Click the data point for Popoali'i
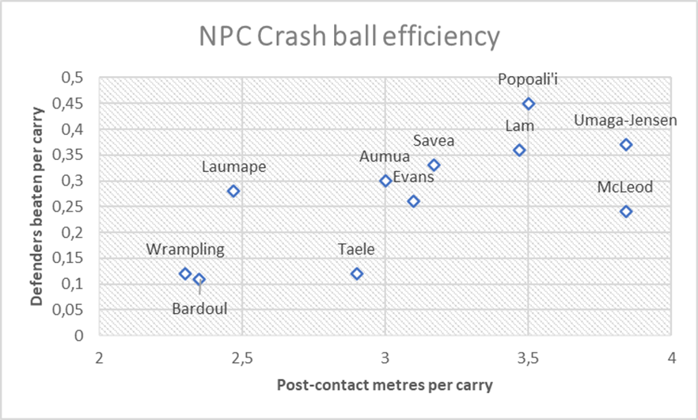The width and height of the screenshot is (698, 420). pos(529,104)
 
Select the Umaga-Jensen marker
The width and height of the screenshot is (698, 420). pos(626,145)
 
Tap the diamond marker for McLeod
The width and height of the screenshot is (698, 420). pos(626,212)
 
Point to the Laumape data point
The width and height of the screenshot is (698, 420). pos(233,191)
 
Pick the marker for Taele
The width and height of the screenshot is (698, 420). pos(357,273)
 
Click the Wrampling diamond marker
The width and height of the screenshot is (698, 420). pos(185,273)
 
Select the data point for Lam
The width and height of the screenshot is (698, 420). pos(519,150)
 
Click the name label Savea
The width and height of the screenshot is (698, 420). pos(434,141)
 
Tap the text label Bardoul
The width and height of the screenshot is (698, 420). pos(199,308)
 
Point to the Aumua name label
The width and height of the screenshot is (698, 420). pos(385,157)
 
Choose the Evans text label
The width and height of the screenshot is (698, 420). pos(413,177)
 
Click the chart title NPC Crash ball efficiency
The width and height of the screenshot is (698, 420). pos(348,36)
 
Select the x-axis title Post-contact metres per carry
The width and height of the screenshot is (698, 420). pos(385,386)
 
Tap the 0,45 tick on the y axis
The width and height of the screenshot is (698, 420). pos(72,104)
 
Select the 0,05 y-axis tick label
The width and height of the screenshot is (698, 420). pos(72,310)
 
